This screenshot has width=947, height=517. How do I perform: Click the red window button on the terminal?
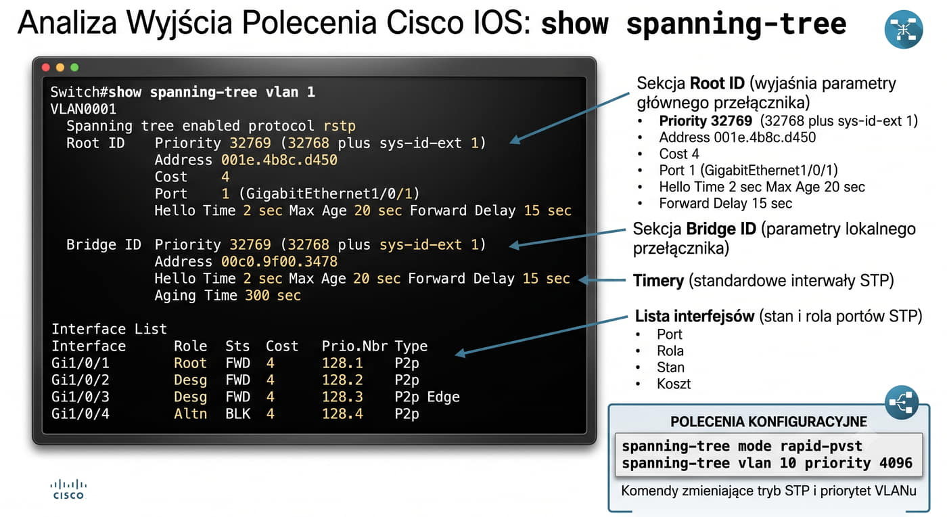tap(46, 67)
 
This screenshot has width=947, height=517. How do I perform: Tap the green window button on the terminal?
tap(74, 67)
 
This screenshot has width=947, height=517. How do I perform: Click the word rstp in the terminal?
tap(340, 126)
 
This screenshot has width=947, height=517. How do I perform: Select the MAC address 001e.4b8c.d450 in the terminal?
tap(279, 160)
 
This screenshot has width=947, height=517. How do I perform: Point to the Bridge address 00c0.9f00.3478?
tap(279, 261)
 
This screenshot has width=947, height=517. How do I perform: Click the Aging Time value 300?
tap(257, 295)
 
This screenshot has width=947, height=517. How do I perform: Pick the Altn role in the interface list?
tap(190, 413)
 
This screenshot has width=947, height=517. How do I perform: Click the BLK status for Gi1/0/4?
tap(237, 413)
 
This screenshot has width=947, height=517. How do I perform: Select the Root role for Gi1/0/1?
tap(190, 363)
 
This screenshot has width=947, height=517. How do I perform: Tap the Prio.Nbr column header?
tap(354, 346)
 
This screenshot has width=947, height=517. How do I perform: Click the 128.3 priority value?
tap(342, 397)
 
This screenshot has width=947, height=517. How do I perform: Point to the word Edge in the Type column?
tap(443, 397)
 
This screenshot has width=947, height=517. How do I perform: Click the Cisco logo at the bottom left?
tap(68, 489)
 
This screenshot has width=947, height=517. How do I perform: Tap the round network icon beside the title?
tap(904, 29)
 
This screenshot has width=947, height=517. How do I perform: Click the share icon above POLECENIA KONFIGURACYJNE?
tap(901, 403)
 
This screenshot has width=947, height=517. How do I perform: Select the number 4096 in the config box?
tap(896, 463)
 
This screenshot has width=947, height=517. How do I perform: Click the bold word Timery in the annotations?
tap(658, 281)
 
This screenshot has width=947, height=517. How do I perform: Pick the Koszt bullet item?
tap(674, 384)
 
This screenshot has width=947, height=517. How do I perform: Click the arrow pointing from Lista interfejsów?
tap(542, 336)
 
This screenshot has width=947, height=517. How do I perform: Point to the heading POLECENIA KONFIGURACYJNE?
tap(768, 422)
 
